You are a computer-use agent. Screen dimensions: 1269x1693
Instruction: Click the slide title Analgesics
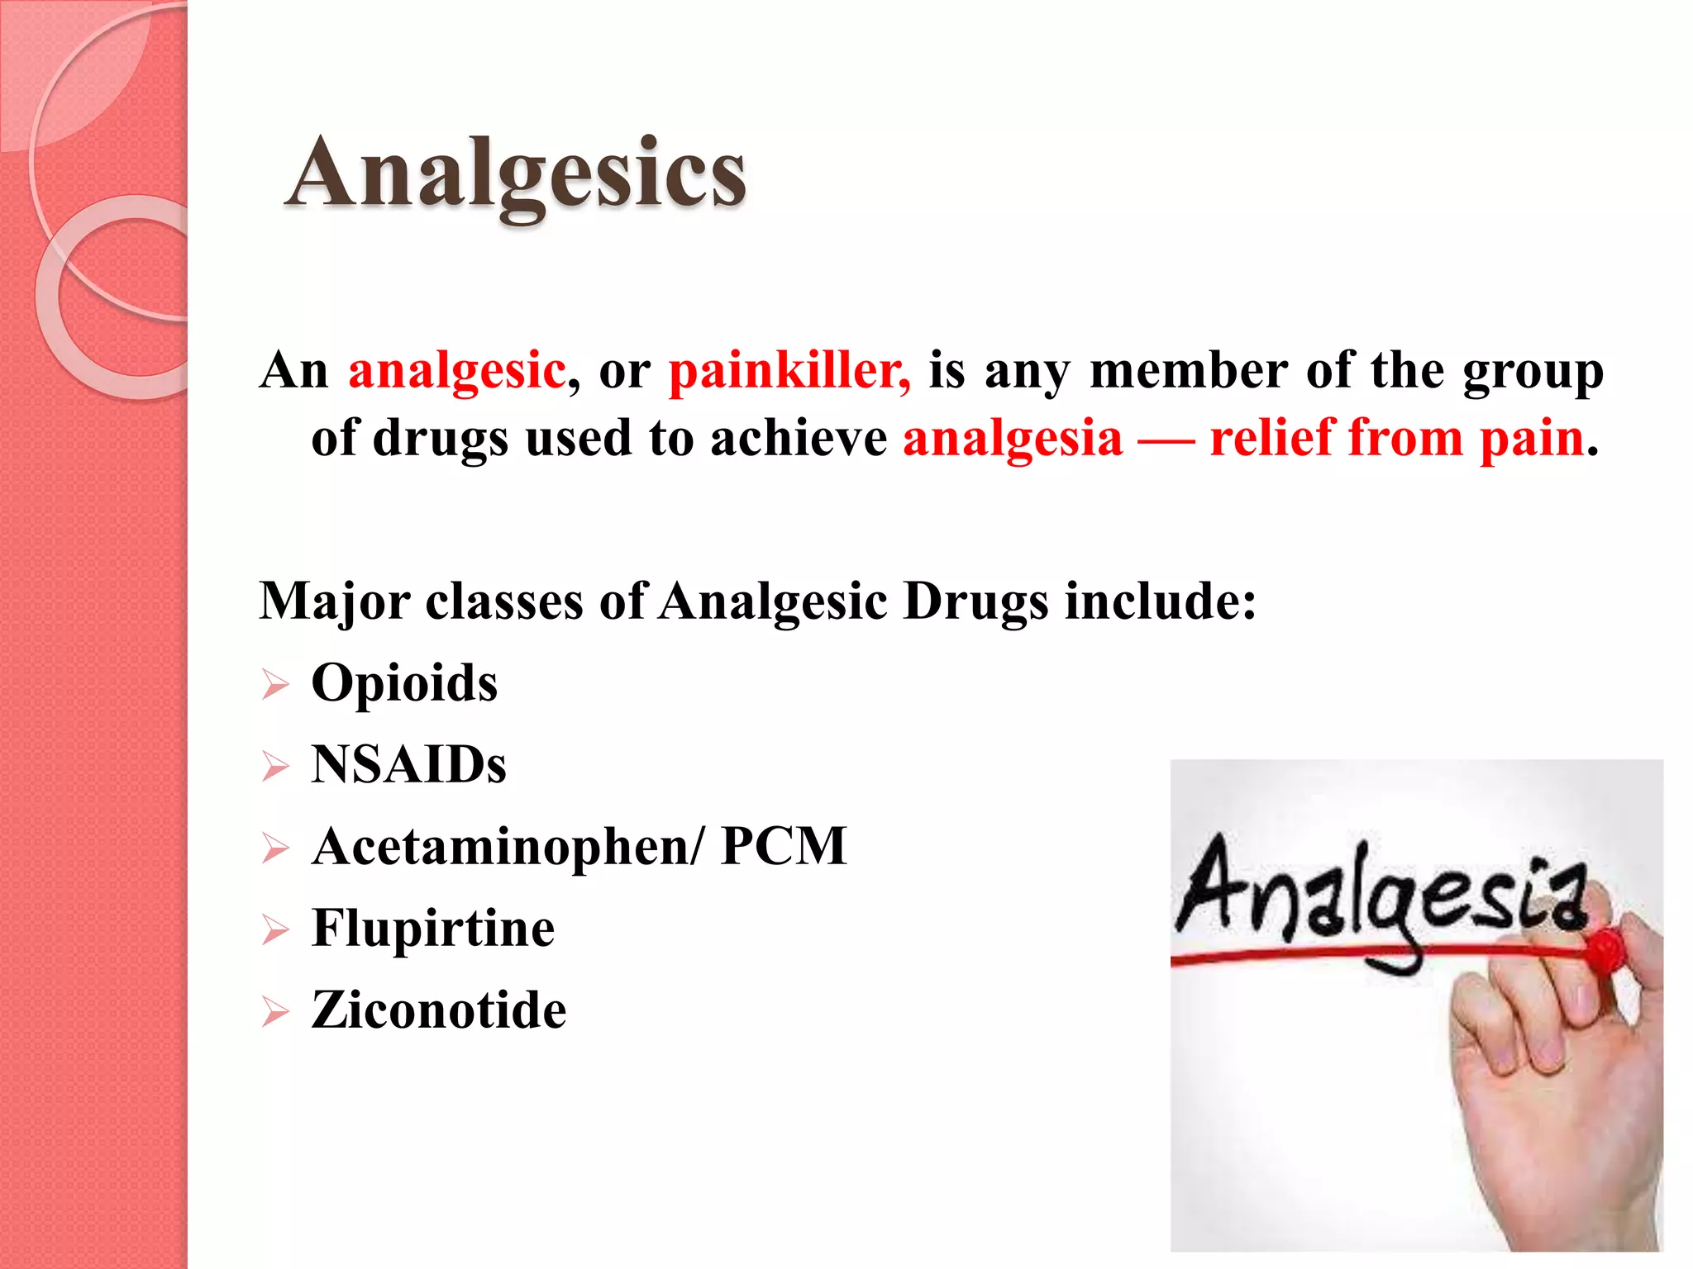(x=516, y=173)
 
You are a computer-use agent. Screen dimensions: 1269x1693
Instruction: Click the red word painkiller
(x=789, y=370)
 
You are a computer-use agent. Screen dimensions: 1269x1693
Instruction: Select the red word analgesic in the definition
(x=457, y=370)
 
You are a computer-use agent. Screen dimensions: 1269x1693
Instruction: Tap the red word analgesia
(x=1013, y=438)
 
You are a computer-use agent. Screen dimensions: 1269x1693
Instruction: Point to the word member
(x=1189, y=370)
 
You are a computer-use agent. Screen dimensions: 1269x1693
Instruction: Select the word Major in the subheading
(x=335, y=601)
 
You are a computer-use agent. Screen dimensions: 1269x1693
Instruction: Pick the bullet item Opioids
(x=404, y=683)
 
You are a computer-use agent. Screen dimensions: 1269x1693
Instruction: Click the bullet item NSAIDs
(x=408, y=765)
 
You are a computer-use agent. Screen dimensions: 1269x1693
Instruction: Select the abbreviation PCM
(x=784, y=847)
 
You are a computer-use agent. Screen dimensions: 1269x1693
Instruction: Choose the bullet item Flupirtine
(x=433, y=929)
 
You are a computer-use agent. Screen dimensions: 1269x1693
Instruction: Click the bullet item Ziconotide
(x=439, y=1010)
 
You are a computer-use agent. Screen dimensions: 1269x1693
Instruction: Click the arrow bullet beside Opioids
(x=275, y=686)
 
